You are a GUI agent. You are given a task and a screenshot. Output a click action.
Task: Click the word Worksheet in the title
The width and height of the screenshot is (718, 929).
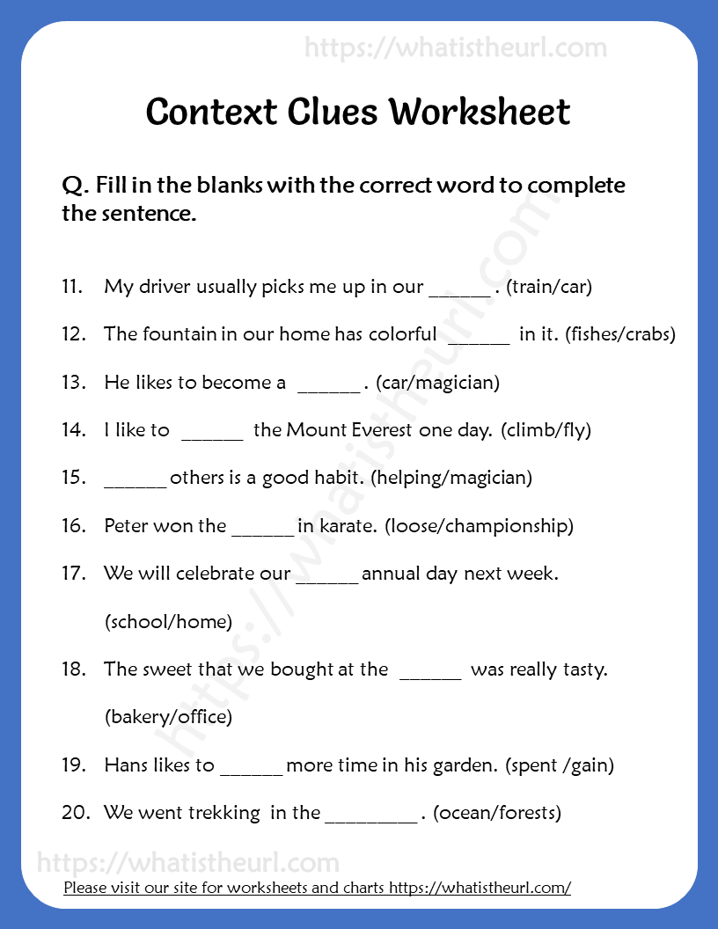click(480, 112)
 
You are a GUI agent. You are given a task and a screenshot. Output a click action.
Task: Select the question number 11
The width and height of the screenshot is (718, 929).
click(73, 287)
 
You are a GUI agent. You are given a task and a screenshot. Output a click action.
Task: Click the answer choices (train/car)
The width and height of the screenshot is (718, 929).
click(551, 287)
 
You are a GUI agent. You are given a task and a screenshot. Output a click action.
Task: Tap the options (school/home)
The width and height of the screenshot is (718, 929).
click(168, 622)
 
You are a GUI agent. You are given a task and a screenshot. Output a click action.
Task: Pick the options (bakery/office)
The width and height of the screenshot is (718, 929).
click(168, 717)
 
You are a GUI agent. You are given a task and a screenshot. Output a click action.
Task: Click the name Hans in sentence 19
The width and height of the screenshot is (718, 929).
click(125, 764)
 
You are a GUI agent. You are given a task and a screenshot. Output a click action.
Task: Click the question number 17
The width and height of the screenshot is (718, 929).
click(73, 574)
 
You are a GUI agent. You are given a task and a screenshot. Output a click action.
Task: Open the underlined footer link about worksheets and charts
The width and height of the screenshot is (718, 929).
click(318, 888)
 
